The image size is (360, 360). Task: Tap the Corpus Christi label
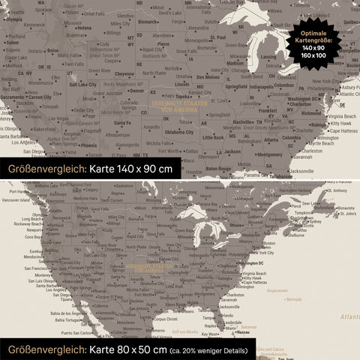[x=163, y=319]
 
